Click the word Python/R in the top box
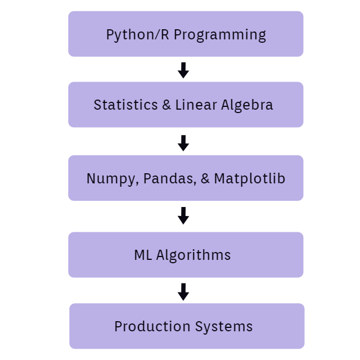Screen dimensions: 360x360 click(137, 35)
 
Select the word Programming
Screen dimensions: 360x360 click(220, 35)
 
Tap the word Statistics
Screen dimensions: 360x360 click(125, 105)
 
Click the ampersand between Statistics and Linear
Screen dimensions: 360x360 click(166, 105)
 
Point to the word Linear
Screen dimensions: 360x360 click(196, 105)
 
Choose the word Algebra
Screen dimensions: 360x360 click(247, 105)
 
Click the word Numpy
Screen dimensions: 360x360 click(111, 179)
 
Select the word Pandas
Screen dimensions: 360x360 click(169, 178)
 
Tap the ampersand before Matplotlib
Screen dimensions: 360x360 click(205, 178)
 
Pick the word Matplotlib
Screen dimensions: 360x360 click(250, 179)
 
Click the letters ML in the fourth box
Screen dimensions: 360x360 click(143, 255)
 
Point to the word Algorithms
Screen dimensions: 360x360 click(193, 255)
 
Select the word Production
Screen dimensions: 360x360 click(152, 326)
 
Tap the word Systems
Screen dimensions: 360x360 click(224, 327)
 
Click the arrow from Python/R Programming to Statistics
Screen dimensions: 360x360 click(183, 70)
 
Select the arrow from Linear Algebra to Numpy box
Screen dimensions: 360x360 click(183, 143)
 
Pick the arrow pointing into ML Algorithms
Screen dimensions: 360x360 click(183, 216)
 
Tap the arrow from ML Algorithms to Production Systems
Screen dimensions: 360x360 click(183, 292)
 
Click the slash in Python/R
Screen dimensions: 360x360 click(157, 35)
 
